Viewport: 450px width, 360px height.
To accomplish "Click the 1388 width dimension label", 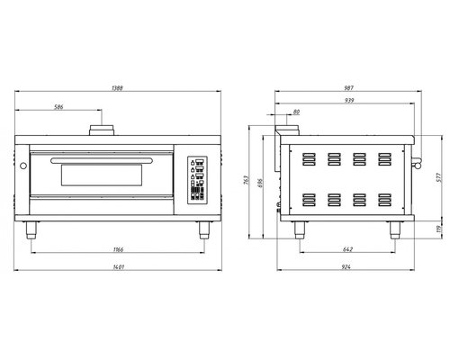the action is [x=117, y=88].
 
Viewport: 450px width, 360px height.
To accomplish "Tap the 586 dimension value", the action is [x=58, y=107].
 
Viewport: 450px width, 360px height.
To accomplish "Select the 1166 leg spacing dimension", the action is [x=118, y=249].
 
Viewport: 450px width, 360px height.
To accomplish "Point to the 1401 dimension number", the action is [x=119, y=267].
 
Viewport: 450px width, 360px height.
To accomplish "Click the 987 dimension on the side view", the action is [x=349, y=88].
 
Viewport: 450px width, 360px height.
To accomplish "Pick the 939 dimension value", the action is [x=349, y=100].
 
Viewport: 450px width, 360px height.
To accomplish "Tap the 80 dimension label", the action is [x=296, y=112].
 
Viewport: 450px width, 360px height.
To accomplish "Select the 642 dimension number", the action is [x=347, y=249].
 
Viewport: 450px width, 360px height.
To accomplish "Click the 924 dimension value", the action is [x=346, y=267].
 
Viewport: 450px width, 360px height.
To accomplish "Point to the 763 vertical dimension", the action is [x=246, y=180].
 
